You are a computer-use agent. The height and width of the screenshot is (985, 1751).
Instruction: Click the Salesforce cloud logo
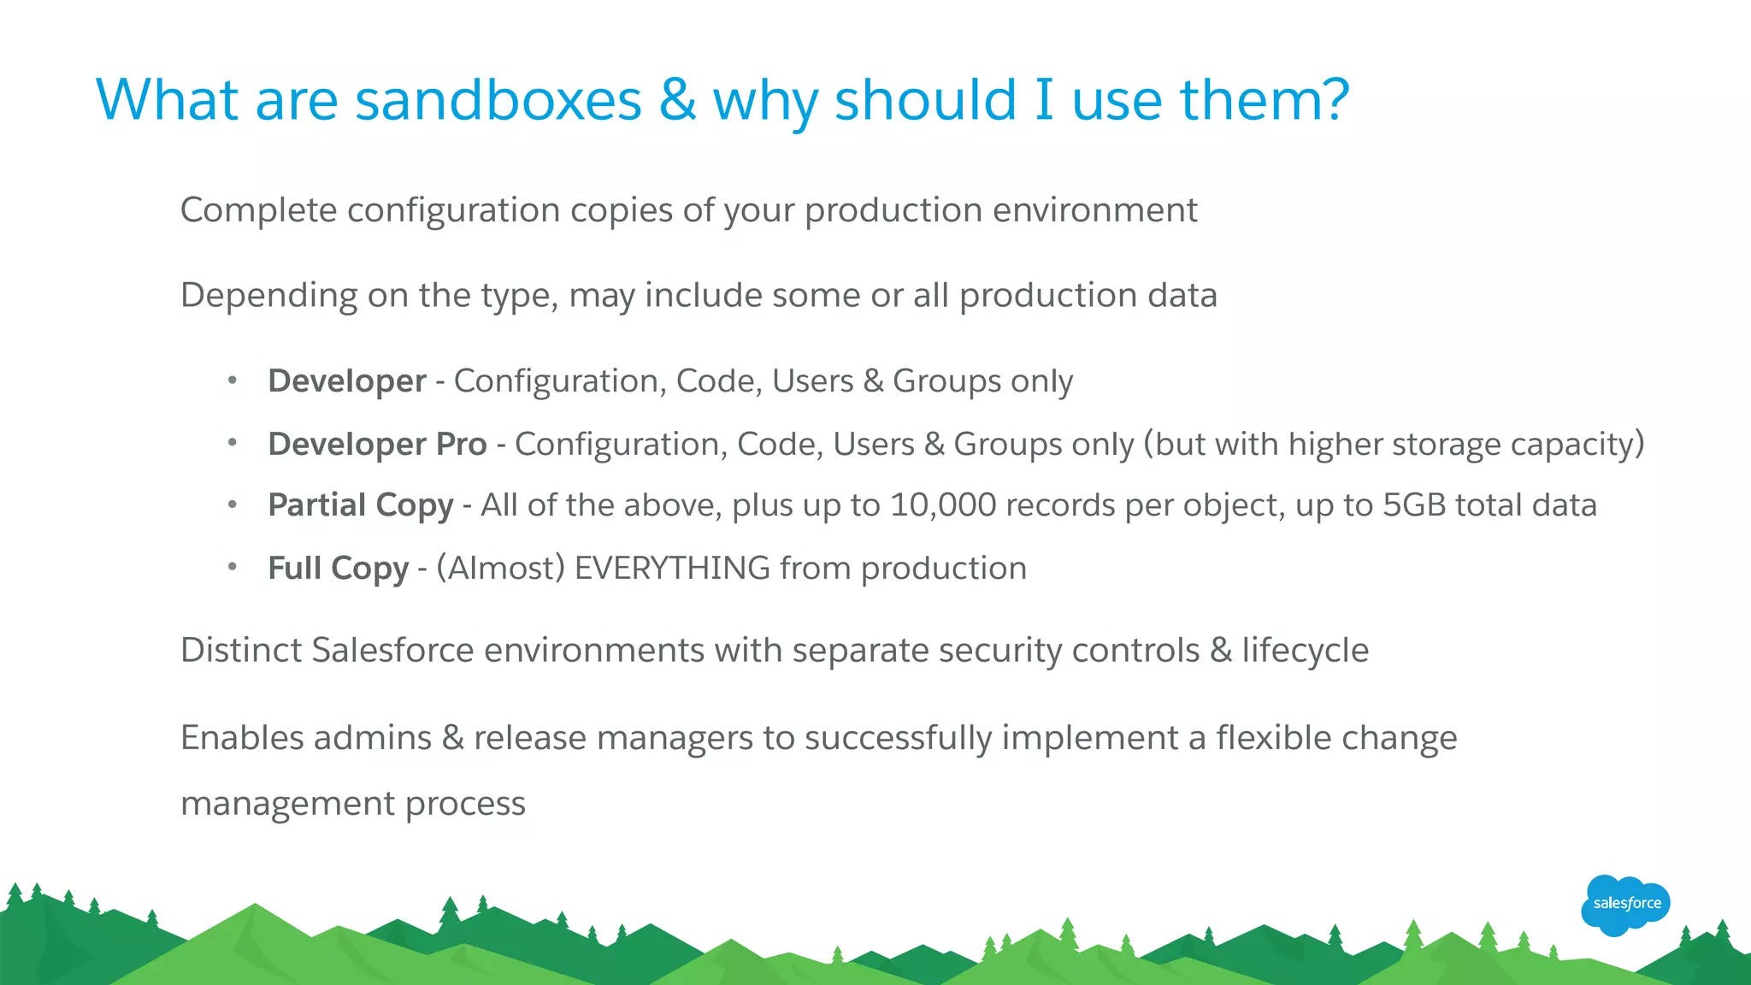click(1625, 904)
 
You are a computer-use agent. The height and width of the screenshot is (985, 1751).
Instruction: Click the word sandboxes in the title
click(498, 100)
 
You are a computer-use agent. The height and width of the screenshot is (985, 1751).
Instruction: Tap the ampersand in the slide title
click(677, 100)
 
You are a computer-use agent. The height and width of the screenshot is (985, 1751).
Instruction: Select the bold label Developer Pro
click(377, 445)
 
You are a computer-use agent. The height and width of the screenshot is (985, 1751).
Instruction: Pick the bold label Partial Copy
click(360, 505)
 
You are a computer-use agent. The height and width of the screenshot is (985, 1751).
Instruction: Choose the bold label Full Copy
click(338, 569)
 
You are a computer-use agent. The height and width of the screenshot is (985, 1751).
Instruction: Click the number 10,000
click(943, 505)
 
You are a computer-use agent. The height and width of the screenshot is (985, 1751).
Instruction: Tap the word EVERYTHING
click(672, 569)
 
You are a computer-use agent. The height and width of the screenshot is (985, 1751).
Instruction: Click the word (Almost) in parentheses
click(501, 569)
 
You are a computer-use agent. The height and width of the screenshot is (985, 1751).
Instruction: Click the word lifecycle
click(1305, 651)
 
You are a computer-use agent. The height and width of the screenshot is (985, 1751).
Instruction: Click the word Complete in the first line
click(258, 210)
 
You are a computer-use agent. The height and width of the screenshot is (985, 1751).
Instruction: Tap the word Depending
click(268, 296)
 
